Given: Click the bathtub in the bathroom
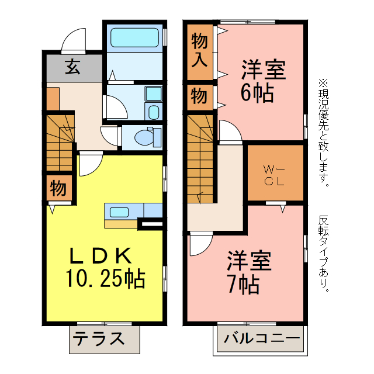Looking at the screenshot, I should pos(134,38).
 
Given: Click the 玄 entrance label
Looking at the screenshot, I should pos(72,68).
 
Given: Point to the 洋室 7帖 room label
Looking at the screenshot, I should pos(248,272).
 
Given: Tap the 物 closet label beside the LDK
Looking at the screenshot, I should pos(57,188).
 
